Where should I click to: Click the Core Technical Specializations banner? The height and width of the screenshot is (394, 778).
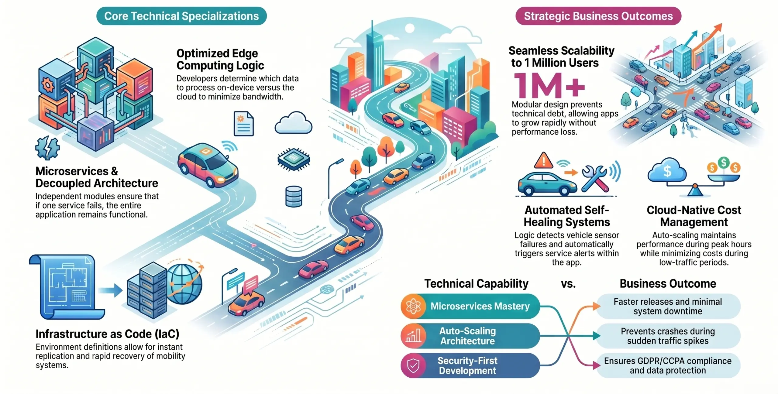tap(181, 16)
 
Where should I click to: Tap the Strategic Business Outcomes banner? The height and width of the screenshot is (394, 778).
tap(598, 16)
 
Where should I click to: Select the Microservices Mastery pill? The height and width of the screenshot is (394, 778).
tap(470, 306)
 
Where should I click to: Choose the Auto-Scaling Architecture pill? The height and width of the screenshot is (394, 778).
tap(470, 336)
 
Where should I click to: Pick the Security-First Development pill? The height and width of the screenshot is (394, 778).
tap(470, 365)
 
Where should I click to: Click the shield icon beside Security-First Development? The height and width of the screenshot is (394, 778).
tap(413, 365)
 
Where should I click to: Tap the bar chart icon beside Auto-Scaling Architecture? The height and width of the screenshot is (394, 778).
tap(413, 336)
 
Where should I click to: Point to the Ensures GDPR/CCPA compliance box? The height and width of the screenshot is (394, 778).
tap(668, 365)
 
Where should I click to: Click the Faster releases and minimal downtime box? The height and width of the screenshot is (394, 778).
tap(668, 306)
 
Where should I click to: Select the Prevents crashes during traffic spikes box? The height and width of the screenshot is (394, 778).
tap(668, 336)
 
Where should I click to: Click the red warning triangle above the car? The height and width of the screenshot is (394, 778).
tap(543, 161)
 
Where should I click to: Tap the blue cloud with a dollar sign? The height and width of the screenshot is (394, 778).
tap(667, 171)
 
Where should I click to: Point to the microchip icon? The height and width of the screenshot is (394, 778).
tap(294, 159)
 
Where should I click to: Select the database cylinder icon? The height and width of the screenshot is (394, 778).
tap(294, 197)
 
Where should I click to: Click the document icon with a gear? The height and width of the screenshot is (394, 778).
tap(244, 124)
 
